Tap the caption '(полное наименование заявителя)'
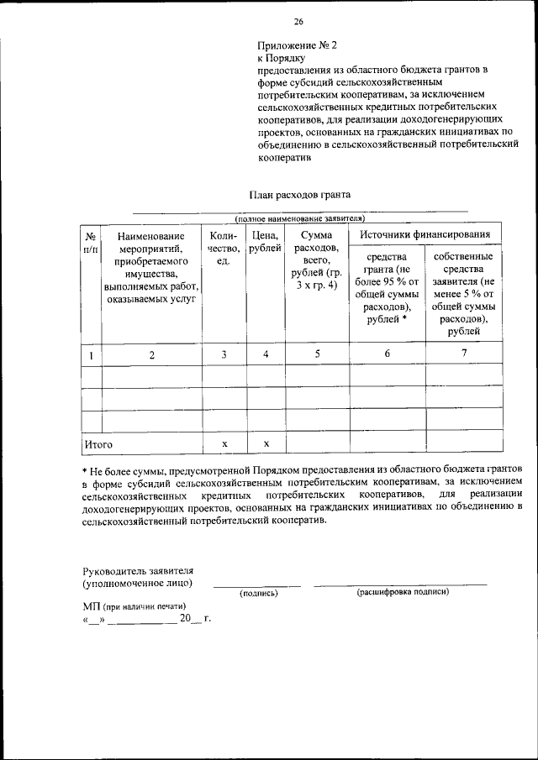tap(299, 218)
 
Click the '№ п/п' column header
tap(91, 244)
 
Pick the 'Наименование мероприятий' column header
tap(151, 268)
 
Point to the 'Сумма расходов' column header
tap(317, 261)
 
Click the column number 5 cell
tap(317, 354)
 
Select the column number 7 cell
tap(464, 353)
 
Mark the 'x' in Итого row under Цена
tap(266, 443)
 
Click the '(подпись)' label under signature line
tap(258, 593)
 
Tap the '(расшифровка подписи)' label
tap(403, 592)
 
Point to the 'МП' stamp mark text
tap(92, 605)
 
